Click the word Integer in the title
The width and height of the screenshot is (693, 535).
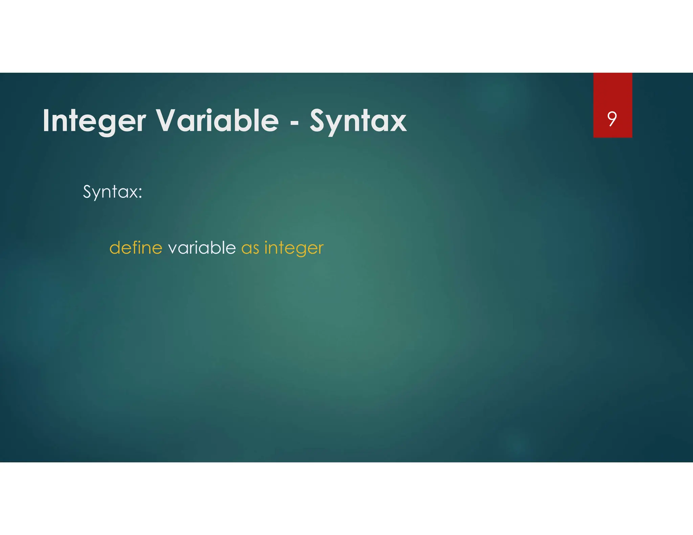(x=94, y=121)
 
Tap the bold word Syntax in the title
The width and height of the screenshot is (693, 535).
(x=358, y=121)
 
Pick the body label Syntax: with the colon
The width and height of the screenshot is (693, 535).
(x=112, y=192)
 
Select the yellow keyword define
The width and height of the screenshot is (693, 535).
(x=136, y=248)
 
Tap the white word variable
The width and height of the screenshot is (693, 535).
(x=202, y=248)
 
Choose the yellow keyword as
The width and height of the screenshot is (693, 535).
(x=250, y=249)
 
